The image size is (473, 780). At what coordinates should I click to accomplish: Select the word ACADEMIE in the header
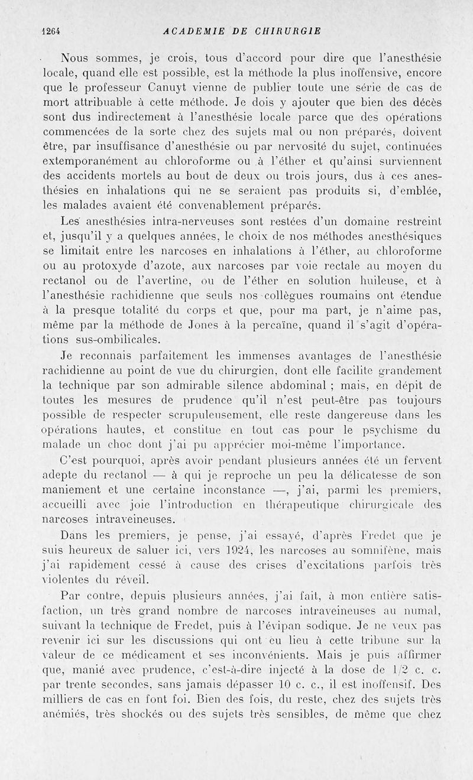click(191, 31)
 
